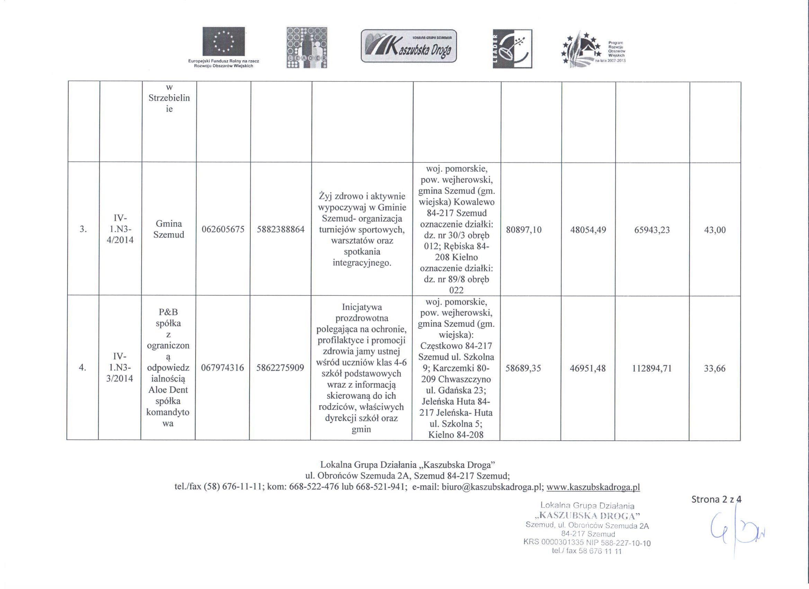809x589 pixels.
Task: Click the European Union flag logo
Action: [x=224, y=42]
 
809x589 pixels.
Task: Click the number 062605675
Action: [x=223, y=229]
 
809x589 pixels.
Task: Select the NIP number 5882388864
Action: [x=281, y=229]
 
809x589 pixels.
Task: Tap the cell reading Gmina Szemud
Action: [x=169, y=229]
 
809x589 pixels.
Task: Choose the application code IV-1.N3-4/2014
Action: [x=120, y=229]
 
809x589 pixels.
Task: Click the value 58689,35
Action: [x=523, y=368]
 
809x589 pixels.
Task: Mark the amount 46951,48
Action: [x=587, y=368]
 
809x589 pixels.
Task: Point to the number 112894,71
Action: [x=652, y=368]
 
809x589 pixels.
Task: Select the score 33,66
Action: [x=714, y=368]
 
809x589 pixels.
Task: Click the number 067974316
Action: [x=223, y=368]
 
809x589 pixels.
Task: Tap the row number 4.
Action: [x=82, y=368]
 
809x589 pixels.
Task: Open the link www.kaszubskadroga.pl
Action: [x=593, y=487]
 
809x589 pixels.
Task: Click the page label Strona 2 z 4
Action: [x=716, y=499]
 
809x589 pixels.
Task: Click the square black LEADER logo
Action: [x=512, y=49]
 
